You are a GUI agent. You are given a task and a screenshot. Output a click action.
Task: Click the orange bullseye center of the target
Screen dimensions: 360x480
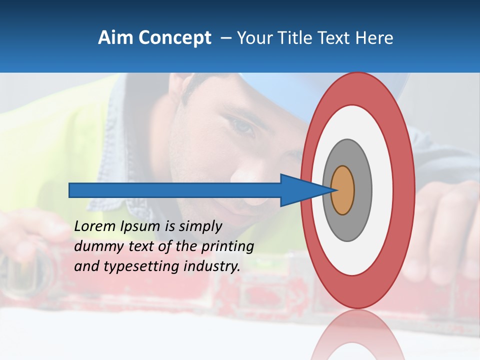(342, 190)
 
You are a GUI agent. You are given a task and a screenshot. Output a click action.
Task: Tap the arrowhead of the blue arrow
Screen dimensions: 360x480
(305, 190)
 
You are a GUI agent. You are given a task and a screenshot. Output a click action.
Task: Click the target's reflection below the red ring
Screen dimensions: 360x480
(358, 335)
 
